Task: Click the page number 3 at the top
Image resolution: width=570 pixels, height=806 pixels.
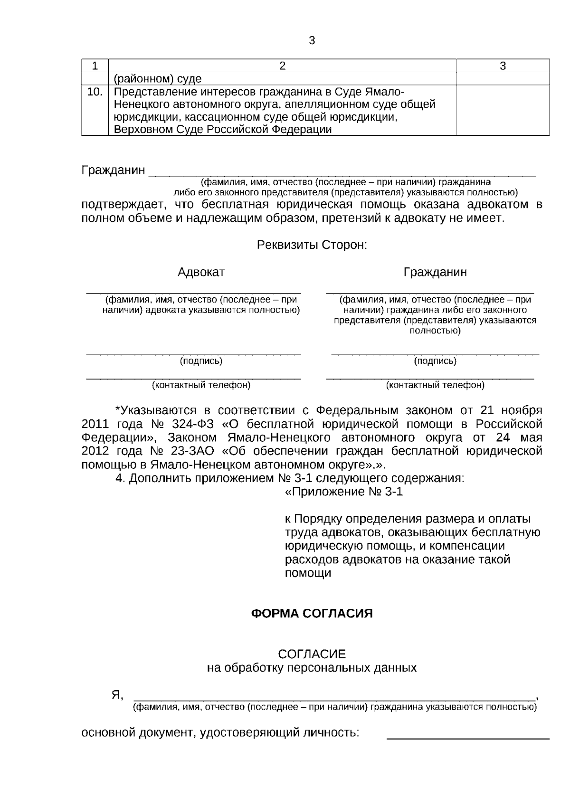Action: coord(312,41)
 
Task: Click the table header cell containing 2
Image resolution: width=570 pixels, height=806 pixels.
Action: coord(282,66)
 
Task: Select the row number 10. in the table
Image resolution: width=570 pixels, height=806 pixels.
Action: coord(95,92)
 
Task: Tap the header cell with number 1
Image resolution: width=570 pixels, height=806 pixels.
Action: coord(95,66)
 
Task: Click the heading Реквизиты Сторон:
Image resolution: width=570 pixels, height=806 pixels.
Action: coord(312,245)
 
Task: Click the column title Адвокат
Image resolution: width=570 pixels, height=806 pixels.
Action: coord(201,272)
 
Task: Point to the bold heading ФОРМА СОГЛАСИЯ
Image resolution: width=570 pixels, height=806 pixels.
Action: coord(312,614)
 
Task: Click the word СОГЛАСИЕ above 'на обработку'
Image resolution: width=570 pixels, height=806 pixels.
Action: coord(312,654)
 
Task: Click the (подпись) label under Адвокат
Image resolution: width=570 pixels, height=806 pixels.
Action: coord(201,361)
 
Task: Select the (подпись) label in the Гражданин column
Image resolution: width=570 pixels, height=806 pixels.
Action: coord(435,361)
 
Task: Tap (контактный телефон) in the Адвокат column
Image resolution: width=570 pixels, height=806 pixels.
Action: coord(201,385)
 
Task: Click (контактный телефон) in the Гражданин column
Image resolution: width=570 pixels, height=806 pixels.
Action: coord(435,385)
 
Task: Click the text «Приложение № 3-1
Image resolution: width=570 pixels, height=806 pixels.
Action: coord(343,492)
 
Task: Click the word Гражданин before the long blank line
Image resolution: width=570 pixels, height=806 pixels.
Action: coord(113,170)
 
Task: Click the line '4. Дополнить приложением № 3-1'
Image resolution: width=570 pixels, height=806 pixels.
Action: coord(290,478)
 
